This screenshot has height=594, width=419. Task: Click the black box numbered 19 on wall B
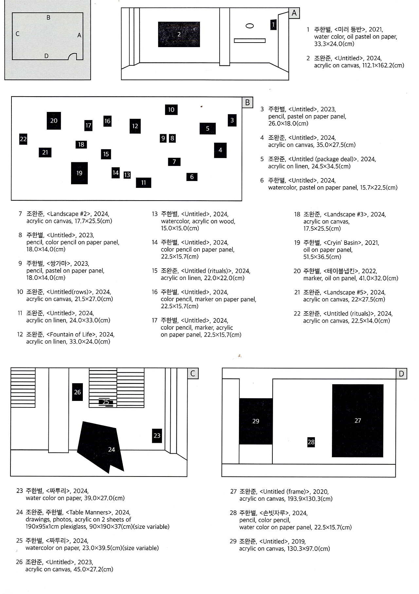[79, 173]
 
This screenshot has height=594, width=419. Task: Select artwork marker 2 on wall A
[179, 34]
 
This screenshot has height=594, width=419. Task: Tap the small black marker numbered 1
[273, 25]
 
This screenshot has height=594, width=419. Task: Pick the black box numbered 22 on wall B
[23, 139]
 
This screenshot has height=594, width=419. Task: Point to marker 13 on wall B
[127, 175]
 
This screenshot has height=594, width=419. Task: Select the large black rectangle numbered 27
[357, 421]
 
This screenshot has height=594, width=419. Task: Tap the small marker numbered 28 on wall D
[311, 442]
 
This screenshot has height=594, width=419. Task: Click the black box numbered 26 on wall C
[77, 392]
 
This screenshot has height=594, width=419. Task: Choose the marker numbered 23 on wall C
[157, 436]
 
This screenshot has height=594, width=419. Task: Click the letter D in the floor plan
[46, 56]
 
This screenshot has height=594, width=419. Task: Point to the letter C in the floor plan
[17, 34]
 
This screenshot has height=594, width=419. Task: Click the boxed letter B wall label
[247, 102]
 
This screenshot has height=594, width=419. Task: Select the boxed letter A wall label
[294, 13]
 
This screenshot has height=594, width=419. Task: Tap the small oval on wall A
[249, 26]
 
